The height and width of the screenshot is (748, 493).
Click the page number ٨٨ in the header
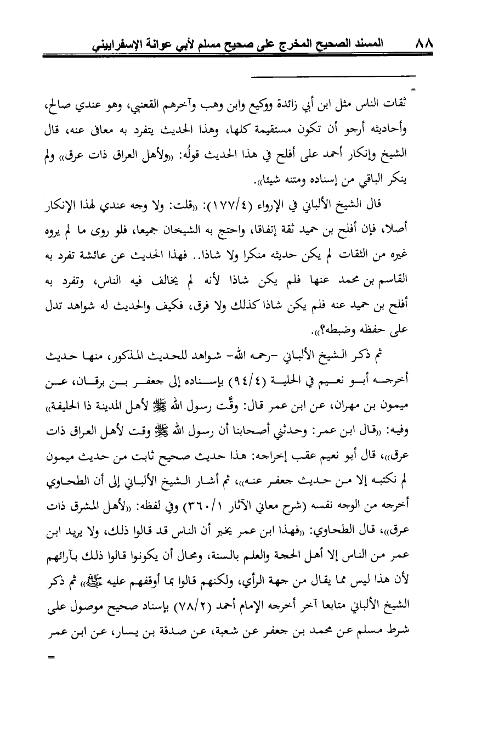click(x=423, y=42)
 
